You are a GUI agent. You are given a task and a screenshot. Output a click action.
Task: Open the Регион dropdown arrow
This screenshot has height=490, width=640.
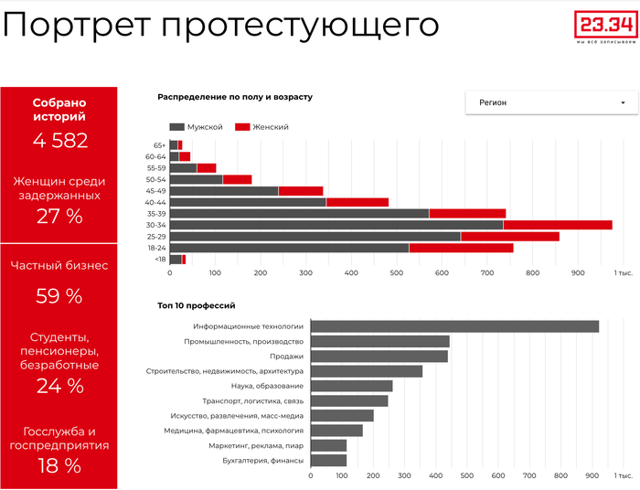[x=623, y=103]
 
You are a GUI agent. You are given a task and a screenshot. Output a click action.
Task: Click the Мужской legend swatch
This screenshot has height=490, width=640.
[x=177, y=127]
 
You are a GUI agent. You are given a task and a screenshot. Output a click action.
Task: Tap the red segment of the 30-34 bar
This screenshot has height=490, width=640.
[x=558, y=225]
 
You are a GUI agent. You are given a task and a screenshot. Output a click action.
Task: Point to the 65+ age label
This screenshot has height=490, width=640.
[x=159, y=145]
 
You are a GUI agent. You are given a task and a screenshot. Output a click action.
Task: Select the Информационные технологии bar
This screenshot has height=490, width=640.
[x=454, y=326]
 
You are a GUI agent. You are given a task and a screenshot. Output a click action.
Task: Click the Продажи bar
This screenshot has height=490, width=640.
[x=379, y=357]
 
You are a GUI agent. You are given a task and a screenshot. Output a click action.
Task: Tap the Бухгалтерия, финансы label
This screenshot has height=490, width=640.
[x=262, y=460]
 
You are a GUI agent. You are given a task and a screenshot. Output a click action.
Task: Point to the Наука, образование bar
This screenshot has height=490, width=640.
[x=351, y=386]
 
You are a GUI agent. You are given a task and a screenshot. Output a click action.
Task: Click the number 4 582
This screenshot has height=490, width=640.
[x=59, y=140]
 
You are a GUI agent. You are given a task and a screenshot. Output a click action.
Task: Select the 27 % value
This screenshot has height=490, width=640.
[x=59, y=216]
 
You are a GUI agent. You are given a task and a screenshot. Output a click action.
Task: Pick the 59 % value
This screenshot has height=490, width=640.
[x=59, y=295]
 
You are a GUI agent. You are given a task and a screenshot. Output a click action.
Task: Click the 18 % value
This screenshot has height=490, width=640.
[x=59, y=465]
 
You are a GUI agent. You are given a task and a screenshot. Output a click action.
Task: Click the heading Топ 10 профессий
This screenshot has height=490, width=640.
[x=197, y=305]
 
